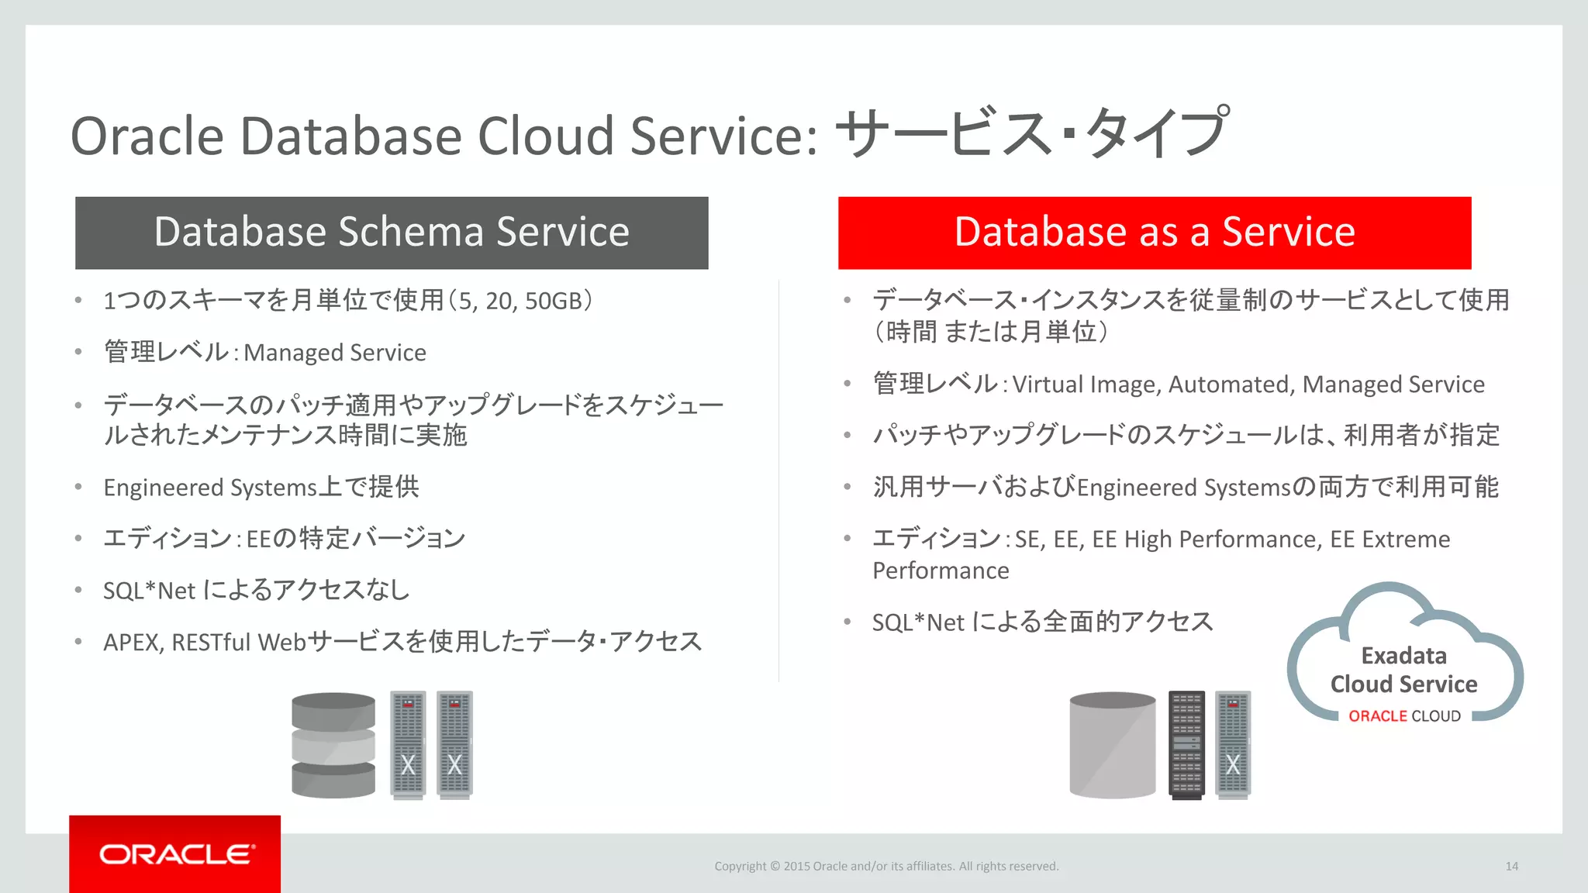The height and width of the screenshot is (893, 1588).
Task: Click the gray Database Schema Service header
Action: point(392,233)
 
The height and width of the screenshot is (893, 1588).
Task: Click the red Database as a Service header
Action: point(1154,233)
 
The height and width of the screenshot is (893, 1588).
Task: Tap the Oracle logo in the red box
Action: point(176,854)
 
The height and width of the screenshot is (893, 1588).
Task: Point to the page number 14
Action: point(1511,867)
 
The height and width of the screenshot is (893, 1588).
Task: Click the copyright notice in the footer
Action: point(886,867)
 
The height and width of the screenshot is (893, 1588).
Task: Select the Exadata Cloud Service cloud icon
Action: point(1403,655)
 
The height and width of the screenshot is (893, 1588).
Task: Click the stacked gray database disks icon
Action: point(333,745)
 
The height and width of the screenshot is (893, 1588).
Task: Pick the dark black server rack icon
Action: point(1186,745)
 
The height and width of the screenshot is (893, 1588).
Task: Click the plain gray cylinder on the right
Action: point(1112,745)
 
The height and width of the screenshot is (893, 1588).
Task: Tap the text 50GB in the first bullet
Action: point(553,302)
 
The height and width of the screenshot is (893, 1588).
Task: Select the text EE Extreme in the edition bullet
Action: point(1389,540)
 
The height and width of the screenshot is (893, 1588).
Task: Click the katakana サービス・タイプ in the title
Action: point(1031,133)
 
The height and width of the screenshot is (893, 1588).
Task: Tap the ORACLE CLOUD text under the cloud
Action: point(1404,716)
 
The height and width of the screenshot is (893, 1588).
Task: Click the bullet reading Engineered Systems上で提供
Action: point(261,488)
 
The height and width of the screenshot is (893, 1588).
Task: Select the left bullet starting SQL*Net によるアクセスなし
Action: point(256,591)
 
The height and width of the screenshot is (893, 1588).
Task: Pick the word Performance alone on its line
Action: point(941,571)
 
